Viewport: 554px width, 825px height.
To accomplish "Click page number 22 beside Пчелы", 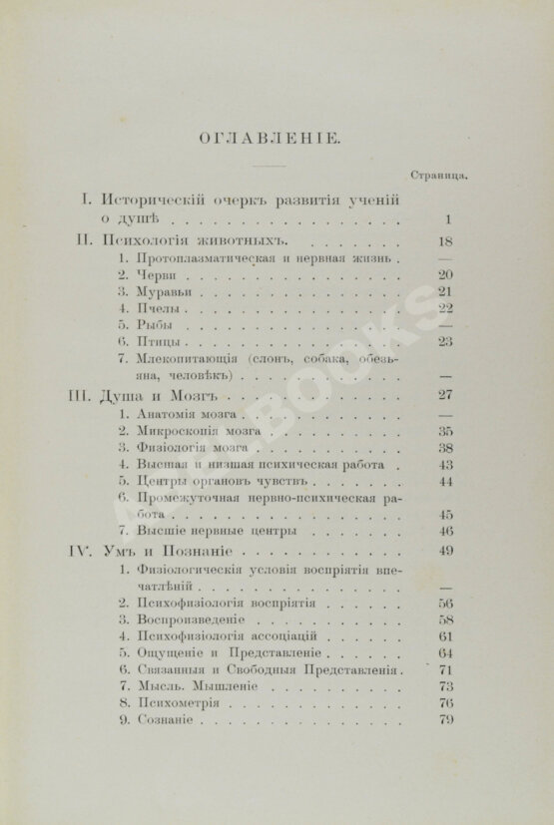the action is (x=446, y=308).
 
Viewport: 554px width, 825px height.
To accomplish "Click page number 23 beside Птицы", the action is (x=446, y=342).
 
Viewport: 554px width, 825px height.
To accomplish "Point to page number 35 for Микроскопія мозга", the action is (x=446, y=430).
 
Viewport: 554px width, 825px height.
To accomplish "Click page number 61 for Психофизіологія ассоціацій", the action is (x=446, y=636).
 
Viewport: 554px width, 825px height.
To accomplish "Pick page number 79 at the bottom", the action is (x=446, y=721).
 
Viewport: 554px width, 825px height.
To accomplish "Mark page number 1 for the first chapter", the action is (x=449, y=219).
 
